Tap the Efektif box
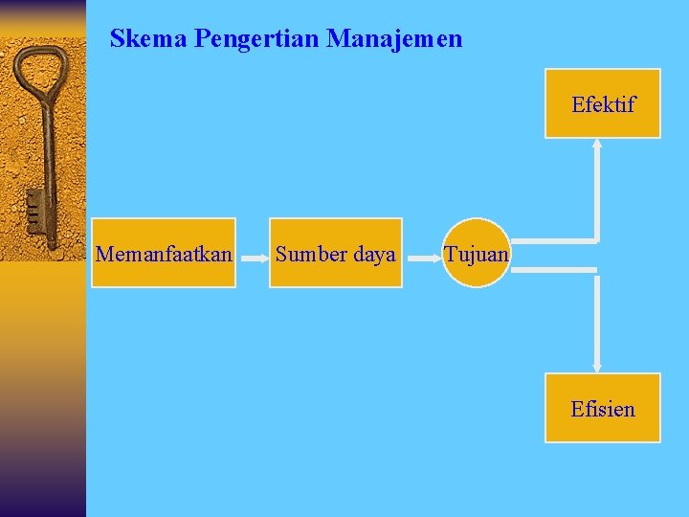pos(603,103)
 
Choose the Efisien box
pos(603,408)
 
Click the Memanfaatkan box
pos(165,253)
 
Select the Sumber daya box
pos(336,253)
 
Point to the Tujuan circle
pos(477,253)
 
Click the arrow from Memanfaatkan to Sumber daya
pos(252,257)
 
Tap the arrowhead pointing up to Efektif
pos(597,145)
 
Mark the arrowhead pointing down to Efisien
pos(597,366)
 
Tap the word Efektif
pos(603,104)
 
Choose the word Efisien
pos(603,409)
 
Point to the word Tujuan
pos(477,254)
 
